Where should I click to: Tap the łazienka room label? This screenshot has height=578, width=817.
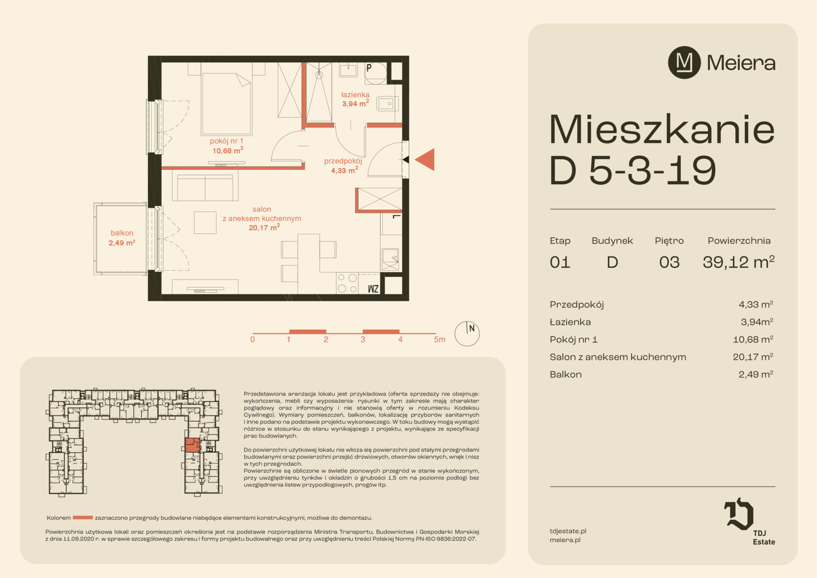(x=355, y=95)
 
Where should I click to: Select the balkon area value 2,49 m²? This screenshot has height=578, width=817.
(x=122, y=243)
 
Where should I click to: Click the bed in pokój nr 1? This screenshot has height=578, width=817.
(x=226, y=104)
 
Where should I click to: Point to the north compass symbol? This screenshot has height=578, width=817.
(x=467, y=334)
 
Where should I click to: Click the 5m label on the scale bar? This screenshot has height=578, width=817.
(x=440, y=339)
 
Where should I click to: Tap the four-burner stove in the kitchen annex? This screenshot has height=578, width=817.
(x=347, y=283)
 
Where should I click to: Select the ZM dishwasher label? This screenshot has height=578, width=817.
(x=373, y=289)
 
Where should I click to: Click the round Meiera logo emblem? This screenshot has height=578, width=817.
(x=684, y=63)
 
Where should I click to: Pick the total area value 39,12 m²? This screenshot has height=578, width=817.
(x=738, y=262)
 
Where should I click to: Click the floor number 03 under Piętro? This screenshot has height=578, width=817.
(x=669, y=262)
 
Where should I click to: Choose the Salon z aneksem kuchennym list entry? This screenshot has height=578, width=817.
(x=618, y=357)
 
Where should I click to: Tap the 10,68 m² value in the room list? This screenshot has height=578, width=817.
(x=753, y=339)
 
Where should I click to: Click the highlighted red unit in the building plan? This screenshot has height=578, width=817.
(x=192, y=445)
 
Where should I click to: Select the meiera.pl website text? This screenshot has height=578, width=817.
(x=565, y=540)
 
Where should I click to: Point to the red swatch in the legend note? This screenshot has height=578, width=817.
(x=83, y=518)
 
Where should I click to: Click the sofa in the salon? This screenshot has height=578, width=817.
(x=205, y=188)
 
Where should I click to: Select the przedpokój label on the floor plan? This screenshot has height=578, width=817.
(x=343, y=161)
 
